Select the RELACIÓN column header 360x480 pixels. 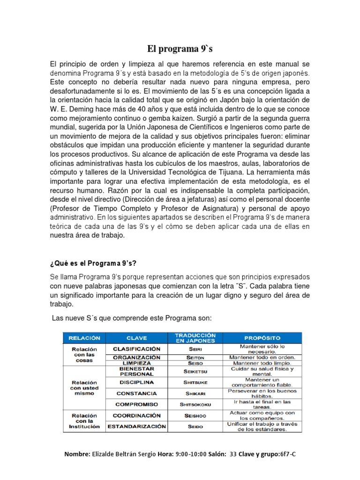tap(84, 337)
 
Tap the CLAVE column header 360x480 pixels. tap(136, 337)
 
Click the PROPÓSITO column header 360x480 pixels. tap(262, 337)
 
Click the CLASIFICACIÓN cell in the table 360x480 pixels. tap(136, 349)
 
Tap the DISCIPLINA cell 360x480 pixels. tap(136, 382)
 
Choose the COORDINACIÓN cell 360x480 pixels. tap(136, 415)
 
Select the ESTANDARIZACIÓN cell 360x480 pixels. tap(136, 427)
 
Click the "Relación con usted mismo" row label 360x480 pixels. tap(84, 388)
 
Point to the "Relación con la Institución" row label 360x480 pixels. tap(84, 421)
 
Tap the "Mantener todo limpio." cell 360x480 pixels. tap(262, 363)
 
